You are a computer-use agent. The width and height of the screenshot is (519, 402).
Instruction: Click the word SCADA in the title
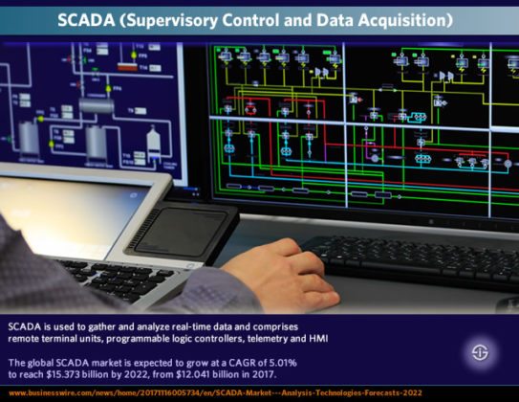pyautogui.click(x=92, y=19)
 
